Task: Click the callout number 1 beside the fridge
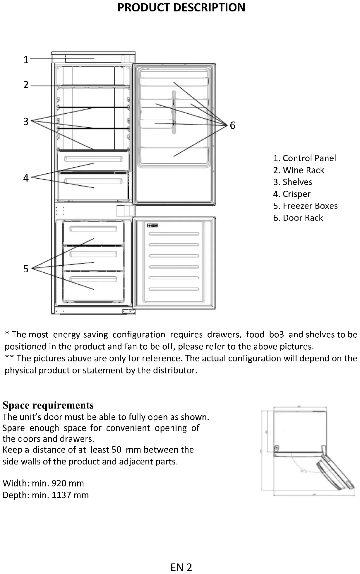26,60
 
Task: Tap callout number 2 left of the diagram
26,85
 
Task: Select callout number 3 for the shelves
26,121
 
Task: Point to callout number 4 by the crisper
26,178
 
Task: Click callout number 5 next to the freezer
26,269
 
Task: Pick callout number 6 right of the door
232,125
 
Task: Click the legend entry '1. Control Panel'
304,158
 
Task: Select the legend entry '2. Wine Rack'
299,170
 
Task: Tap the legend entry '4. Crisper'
292,194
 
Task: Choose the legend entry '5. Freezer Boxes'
305,206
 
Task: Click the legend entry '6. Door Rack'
298,218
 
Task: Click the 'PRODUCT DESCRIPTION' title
181,8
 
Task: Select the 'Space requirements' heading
48,405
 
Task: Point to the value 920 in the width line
59,483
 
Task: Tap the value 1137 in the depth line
61,495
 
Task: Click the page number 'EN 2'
181,567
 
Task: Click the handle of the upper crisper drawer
93,159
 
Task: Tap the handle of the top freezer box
93,229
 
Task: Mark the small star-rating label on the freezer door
152,225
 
